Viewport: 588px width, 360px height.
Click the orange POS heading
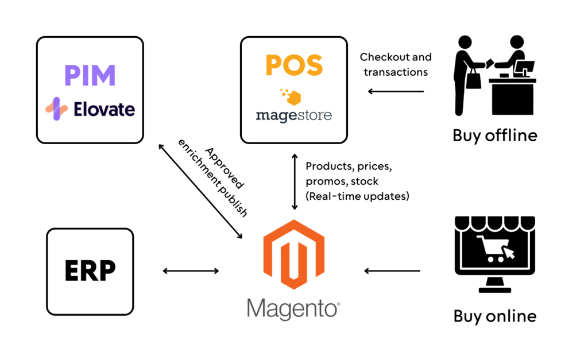[x=293, y=65]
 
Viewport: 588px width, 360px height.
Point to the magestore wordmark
[x=293, y=115]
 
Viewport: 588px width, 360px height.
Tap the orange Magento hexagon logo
[x=293, y=253]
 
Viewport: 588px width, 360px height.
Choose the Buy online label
[x=494, y=315]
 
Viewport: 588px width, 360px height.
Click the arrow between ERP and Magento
[x=190, y=270]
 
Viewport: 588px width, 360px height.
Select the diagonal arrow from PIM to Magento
[x=200, y=191]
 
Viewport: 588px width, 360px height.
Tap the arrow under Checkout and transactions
[x=396, y=91]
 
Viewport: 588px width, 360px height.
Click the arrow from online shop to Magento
[x=392, y=270]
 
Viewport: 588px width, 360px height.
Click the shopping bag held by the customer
[x=473, y=79]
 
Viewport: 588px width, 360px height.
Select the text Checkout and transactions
[x=395, y=64]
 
